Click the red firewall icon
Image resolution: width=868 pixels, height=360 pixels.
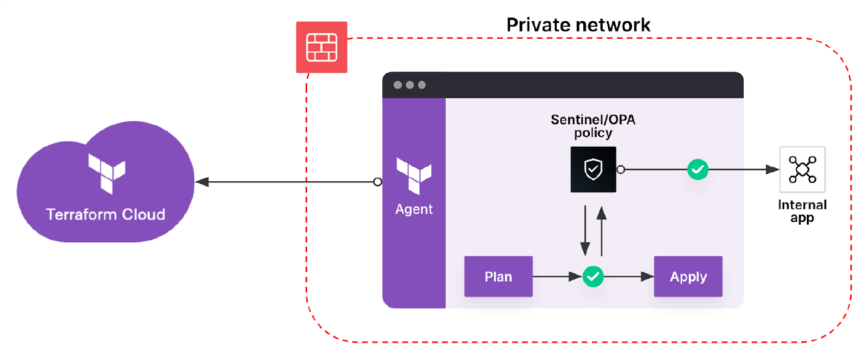(x=322, y=47)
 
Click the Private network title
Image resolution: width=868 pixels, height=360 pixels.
(x=578, y=25)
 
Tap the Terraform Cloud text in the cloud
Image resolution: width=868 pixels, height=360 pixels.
(x=106, y=215)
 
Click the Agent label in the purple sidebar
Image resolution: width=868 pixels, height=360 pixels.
(x=414, y=210)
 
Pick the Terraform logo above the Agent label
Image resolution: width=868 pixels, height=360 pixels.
(x=414, y=175)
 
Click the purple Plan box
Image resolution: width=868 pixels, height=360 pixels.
(x=499, y=277)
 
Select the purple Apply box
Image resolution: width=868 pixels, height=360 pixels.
(x=688, y=277)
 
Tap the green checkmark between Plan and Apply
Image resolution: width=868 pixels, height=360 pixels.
(x=593, y=277)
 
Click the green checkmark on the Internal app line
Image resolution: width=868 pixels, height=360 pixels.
(x=698, y=170)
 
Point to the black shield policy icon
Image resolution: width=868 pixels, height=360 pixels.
(x=593, y=170)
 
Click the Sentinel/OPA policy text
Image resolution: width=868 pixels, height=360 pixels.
(x=593, y=126)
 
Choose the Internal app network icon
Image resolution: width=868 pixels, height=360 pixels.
(x=802, y=170)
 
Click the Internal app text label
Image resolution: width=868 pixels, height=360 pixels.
(x=802, y=212)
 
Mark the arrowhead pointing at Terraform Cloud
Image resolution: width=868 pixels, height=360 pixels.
(x=201, y=182)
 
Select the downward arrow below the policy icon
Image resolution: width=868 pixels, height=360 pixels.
(x=585, y=231)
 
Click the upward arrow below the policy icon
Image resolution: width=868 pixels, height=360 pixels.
(x=601, y=231)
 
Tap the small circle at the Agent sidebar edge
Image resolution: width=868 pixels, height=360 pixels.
(x=377, y=182)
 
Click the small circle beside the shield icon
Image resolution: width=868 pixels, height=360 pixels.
(x=620, y=170)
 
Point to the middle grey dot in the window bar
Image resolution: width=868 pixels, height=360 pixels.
(x=409, y=85)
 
